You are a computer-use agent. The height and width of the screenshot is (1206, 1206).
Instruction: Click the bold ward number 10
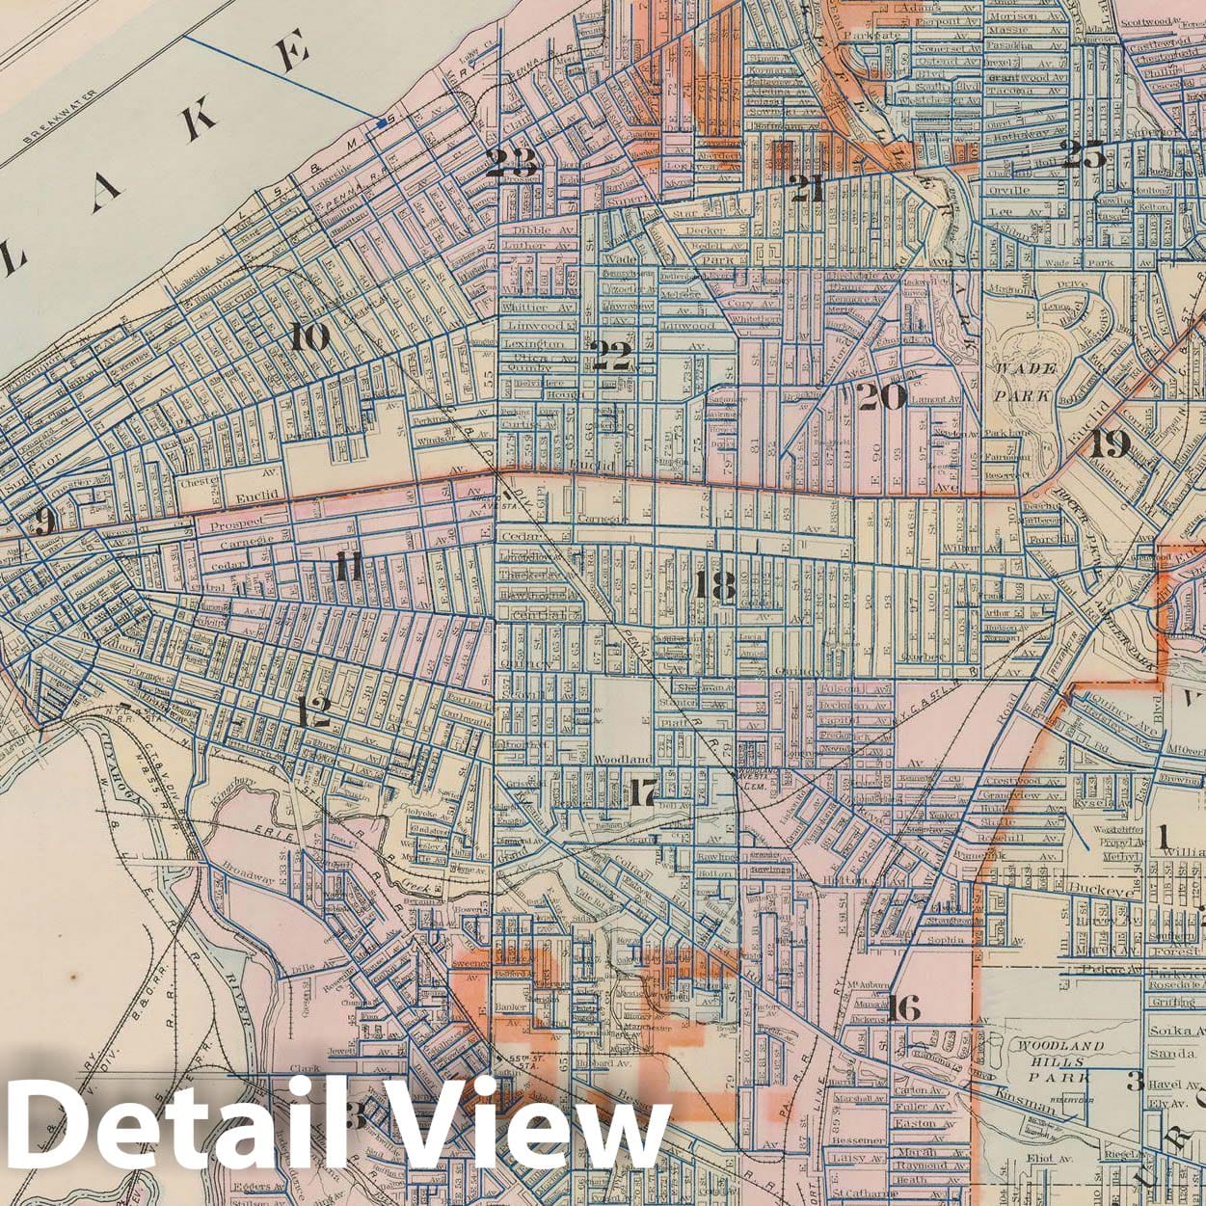[310, 337]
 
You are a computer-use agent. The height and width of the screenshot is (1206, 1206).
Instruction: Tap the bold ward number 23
[511, 163]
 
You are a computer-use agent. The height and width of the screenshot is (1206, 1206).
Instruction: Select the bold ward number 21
[806, 188]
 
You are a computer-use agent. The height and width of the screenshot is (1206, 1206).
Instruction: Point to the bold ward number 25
[1083, 154]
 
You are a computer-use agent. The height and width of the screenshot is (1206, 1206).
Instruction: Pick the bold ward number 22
[611, 356]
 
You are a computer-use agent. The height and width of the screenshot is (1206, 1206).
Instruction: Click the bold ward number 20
[880, 396]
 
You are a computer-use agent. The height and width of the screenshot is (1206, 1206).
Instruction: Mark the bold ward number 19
[1110, 444]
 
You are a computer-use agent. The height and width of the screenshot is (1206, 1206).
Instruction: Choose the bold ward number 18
[714, 585]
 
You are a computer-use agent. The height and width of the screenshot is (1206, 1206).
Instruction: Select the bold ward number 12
[314, 712]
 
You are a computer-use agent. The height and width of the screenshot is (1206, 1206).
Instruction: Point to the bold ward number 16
[904, 1008]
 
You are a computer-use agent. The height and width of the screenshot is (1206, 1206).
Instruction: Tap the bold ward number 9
[42, 522]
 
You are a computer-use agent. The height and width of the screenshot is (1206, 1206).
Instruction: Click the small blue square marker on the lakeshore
[382, 123]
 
